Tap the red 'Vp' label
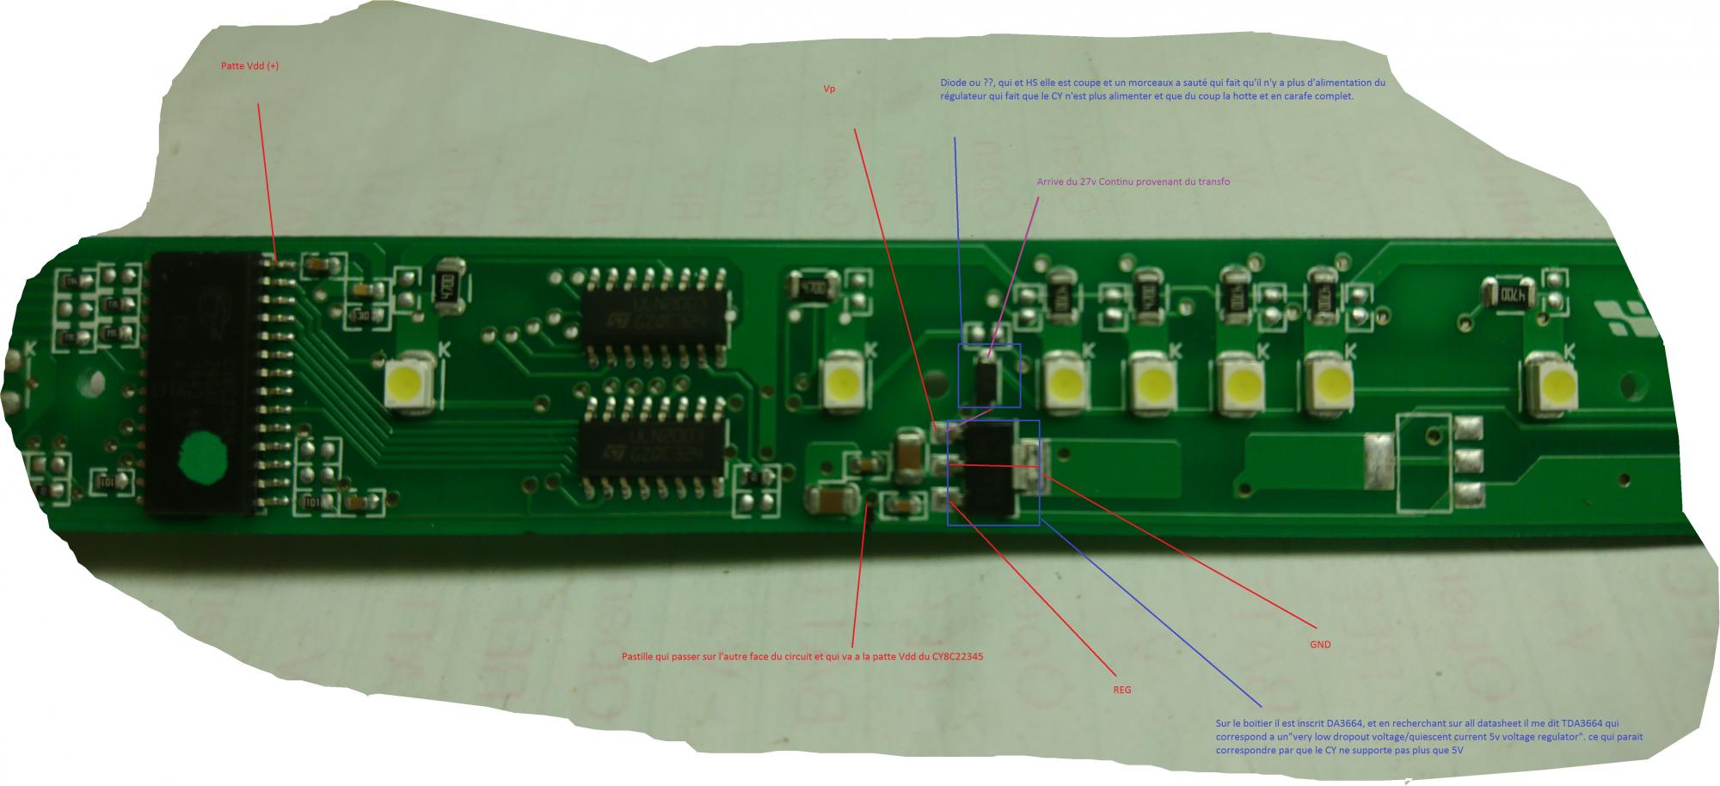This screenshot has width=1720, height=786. pyautogui.click(x=830, y=89)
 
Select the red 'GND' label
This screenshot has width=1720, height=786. pyautogui.click(x=1320, y=644)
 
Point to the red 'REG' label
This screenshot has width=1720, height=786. pyautogui.click(x=1122, y=690)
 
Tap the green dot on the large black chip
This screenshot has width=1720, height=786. pyautogui.click(x=202, y=457)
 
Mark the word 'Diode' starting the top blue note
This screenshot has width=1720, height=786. pyautogui.click(x=954, y=83)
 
